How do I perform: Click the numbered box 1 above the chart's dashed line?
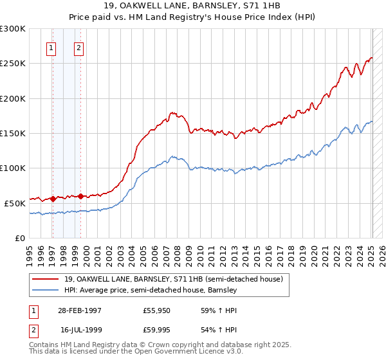[51, 47]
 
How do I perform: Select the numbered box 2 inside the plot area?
[78, 47]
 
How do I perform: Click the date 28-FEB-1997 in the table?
[79, 310]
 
